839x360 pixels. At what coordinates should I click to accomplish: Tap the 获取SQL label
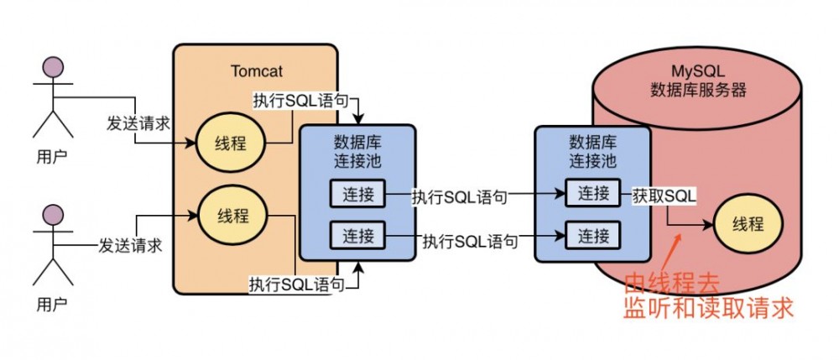663,195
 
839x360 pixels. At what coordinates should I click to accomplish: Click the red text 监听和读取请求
708,307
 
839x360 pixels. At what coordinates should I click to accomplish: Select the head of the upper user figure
53,68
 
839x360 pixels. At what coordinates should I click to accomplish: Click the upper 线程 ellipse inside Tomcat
231,142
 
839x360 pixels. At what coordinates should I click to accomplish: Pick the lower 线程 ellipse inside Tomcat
231,216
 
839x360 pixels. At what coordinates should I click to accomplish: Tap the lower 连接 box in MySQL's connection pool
592,233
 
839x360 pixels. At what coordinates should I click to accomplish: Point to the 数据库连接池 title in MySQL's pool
592,151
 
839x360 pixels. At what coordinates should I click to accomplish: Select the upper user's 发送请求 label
138,123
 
